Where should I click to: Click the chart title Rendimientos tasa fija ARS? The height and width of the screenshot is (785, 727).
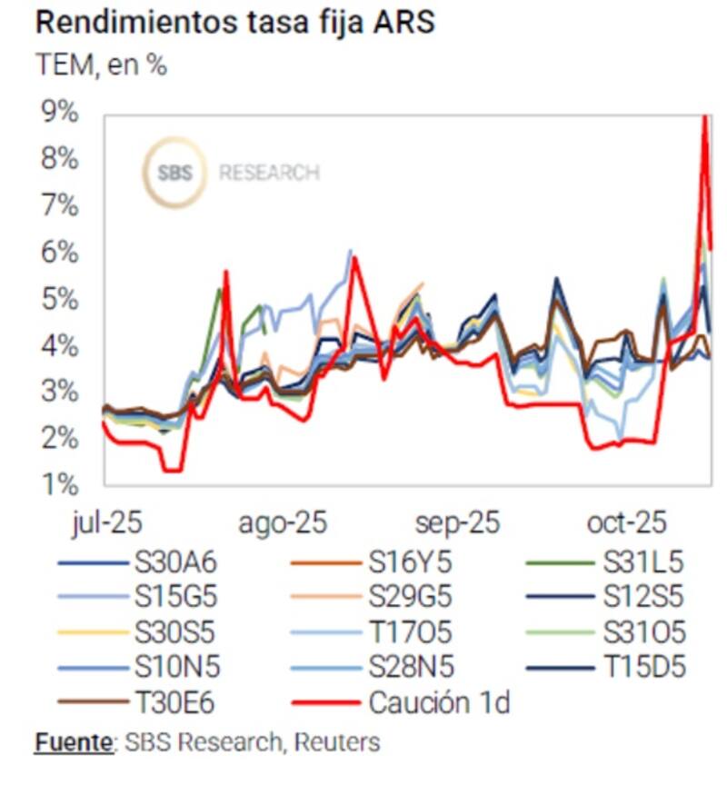234,23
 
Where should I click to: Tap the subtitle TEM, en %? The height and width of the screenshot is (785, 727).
101,65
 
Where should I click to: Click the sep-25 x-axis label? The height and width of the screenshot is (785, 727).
457,524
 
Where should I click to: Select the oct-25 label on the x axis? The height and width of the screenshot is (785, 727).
626,524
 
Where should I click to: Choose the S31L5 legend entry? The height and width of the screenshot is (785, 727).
642,563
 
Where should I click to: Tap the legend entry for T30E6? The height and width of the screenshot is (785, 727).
176,701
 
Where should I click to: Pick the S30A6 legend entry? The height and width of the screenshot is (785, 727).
176,563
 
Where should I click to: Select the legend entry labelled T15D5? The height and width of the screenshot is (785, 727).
642,667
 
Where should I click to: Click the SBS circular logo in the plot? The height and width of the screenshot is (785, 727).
174,173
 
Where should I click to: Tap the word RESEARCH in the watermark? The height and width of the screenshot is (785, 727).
269,173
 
